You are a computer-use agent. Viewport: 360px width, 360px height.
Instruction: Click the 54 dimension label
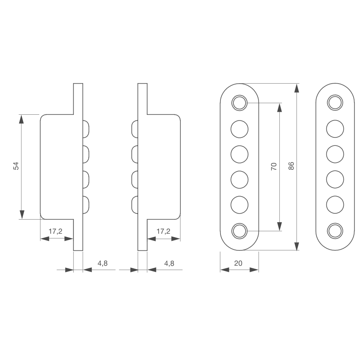tap(16, 166)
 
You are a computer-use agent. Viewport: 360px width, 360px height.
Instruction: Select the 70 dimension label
tap(274, 166)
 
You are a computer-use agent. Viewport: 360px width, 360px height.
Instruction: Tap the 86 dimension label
tap(291, 166)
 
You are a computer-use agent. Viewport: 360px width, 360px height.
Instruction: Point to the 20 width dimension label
tap(238, 263)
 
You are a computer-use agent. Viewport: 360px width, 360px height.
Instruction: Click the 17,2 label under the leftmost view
tap(55, 231)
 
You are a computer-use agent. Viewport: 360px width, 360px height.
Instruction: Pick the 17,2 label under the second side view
tap(163, 231)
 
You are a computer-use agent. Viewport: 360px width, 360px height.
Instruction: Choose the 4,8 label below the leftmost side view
tap(102, 263)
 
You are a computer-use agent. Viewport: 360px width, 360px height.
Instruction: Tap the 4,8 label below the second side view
tap(169, 263)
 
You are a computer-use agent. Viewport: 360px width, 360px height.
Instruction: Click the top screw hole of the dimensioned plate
tap(239, 103)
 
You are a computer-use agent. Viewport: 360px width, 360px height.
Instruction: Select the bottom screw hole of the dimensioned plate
tap(239, 231)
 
